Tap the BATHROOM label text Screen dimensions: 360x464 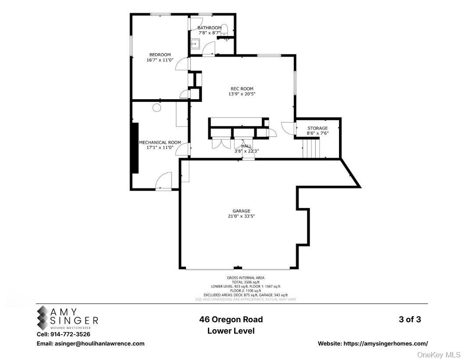[209, 28]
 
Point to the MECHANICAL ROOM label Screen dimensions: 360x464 [160, 142]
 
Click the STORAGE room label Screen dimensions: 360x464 [317, 128]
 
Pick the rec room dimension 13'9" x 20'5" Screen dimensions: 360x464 [242, 94]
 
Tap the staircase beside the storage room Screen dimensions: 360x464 [311, 148]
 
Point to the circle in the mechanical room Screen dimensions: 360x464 [157, 107]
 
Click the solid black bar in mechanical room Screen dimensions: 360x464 [136, 148]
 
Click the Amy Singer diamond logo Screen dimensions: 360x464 [43, 317]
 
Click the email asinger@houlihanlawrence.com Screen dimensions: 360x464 [90, 344]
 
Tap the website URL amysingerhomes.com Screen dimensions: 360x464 [372, 344]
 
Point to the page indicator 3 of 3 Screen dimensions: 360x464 [410, 320]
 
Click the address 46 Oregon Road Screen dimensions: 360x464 [231, 320]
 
